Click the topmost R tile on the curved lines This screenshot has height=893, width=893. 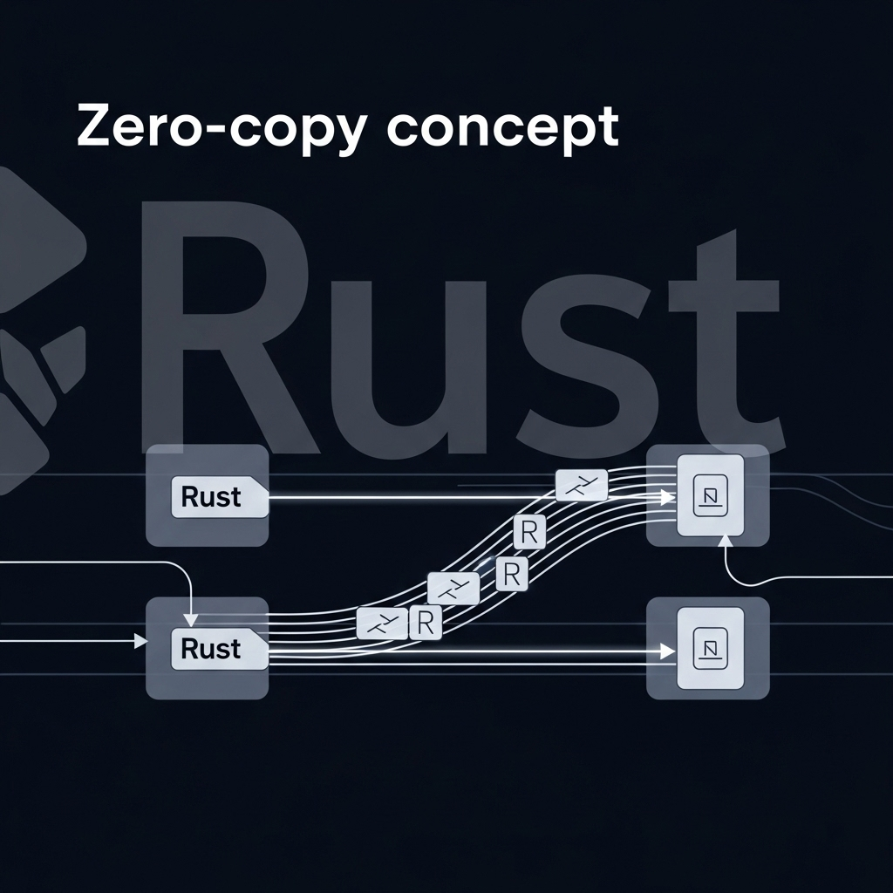pyautogui.click(x=528, y=531)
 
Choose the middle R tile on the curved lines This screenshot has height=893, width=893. pyautogui.click(x=511, y=573)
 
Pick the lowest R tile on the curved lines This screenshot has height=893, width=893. pyautogui.click(x=426, y=622)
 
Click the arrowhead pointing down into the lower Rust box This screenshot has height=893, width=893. pyautogui.click(x=192, y=620)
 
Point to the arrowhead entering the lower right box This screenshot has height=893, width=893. pyautogui.click(x=667, y=651)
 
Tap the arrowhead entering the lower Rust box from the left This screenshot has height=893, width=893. pyautogui.click(x=140, y=642)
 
